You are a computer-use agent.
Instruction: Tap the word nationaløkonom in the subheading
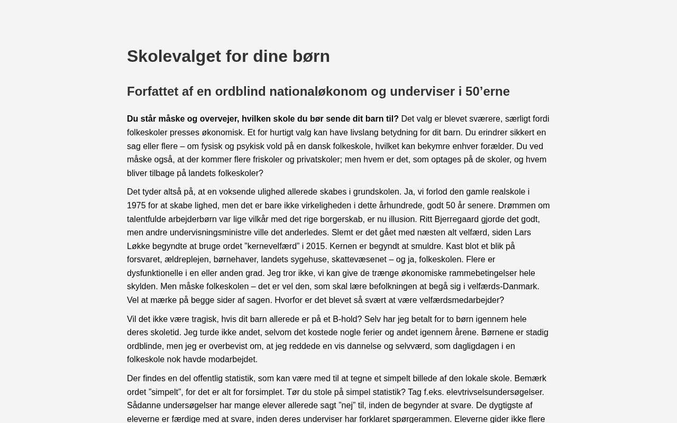tap(327, 91)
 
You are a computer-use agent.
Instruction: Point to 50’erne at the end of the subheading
tap(487, 91)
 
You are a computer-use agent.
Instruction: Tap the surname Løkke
tap(140, 246)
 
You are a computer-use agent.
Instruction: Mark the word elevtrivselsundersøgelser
tap(495, 392)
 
